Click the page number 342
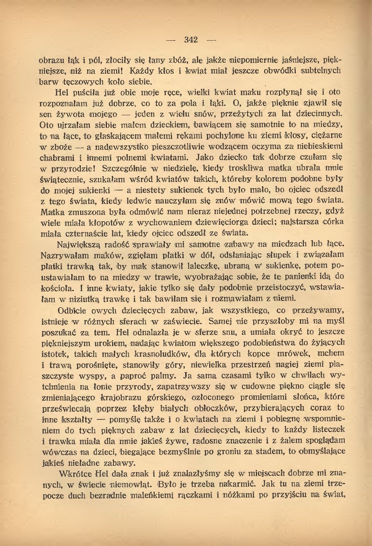click(x=191, y=40)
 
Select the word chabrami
click(x=56, y=157)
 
